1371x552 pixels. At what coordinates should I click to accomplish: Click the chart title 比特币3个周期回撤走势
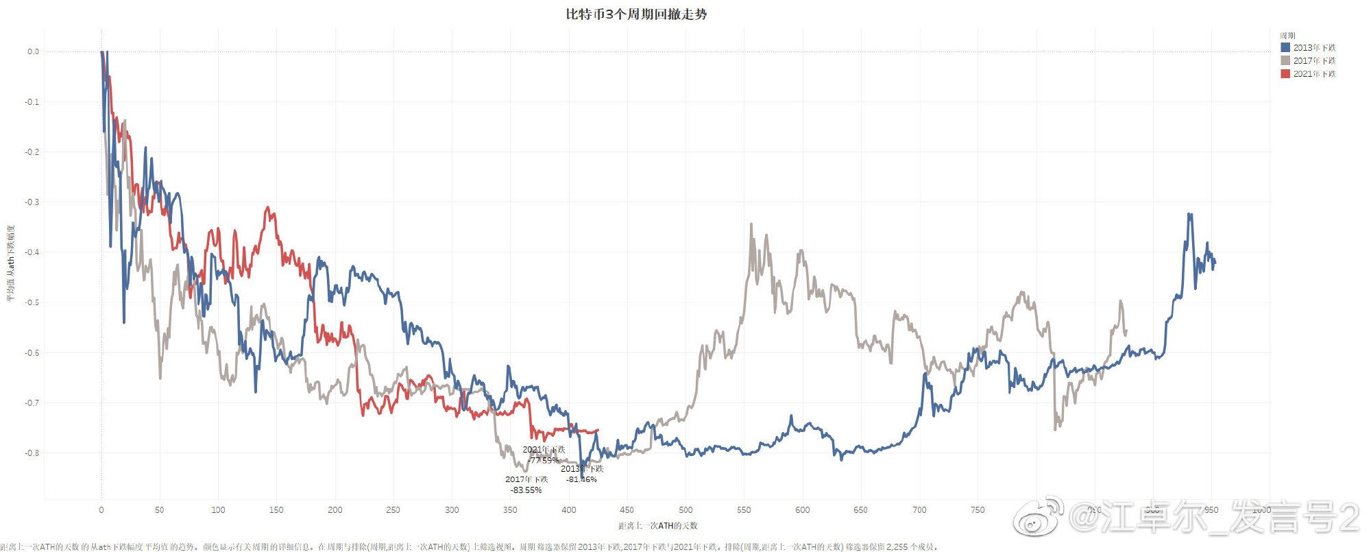[x=636, y=14]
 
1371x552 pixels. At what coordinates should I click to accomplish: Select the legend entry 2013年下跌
[x=1314, y=48]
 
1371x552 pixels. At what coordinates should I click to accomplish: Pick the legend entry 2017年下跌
[x=1314, y=61]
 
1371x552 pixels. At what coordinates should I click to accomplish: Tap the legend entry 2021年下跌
[x=1314, y=74]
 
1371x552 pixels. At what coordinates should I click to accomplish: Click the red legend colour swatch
[x=1285, y=74]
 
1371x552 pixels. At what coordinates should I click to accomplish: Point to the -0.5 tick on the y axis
[x=33, y=302]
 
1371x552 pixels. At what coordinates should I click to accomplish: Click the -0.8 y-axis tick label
[x=33, y=453]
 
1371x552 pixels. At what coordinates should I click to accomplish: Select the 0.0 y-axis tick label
[x=34, y=51]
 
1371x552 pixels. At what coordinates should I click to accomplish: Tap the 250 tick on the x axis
[x=393, y=510]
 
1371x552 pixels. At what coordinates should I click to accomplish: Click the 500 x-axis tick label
[x=685, y=510]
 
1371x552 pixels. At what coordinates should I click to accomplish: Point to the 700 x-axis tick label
[x=919, y=510]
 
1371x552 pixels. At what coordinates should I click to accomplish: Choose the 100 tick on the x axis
[x=218, y=510]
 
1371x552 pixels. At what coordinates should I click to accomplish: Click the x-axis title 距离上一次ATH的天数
[x=657, y=526]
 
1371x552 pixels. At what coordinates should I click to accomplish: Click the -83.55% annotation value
[x=526, y=490]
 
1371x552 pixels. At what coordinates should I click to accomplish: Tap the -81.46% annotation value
[x=581, y=479]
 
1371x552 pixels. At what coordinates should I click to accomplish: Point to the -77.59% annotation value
[x=544, y=460]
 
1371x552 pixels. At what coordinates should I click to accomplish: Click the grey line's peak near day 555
[x=751, y=224]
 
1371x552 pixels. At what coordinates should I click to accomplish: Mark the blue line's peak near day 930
[x=1189, y=215]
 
